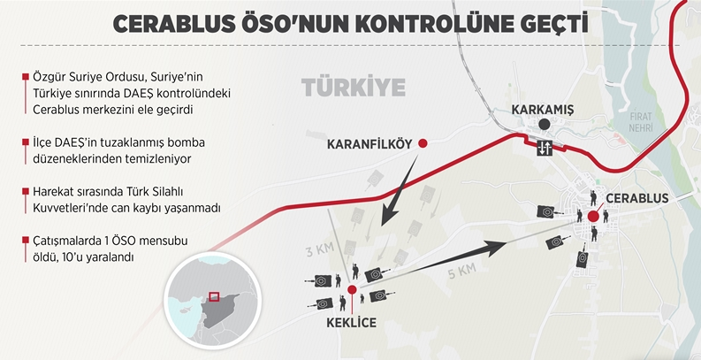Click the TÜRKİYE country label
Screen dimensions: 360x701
click(354, 88)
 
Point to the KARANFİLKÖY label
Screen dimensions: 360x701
click(370, 143)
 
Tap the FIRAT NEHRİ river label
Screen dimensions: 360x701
click(640, 122)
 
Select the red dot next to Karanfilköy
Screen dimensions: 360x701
click(423, 143)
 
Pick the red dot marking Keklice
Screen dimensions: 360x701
click(353, 288)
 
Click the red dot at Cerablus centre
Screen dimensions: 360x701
click(591, 215)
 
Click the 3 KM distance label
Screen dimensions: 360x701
click(315, 250)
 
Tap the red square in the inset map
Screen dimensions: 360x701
click(213, 297)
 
